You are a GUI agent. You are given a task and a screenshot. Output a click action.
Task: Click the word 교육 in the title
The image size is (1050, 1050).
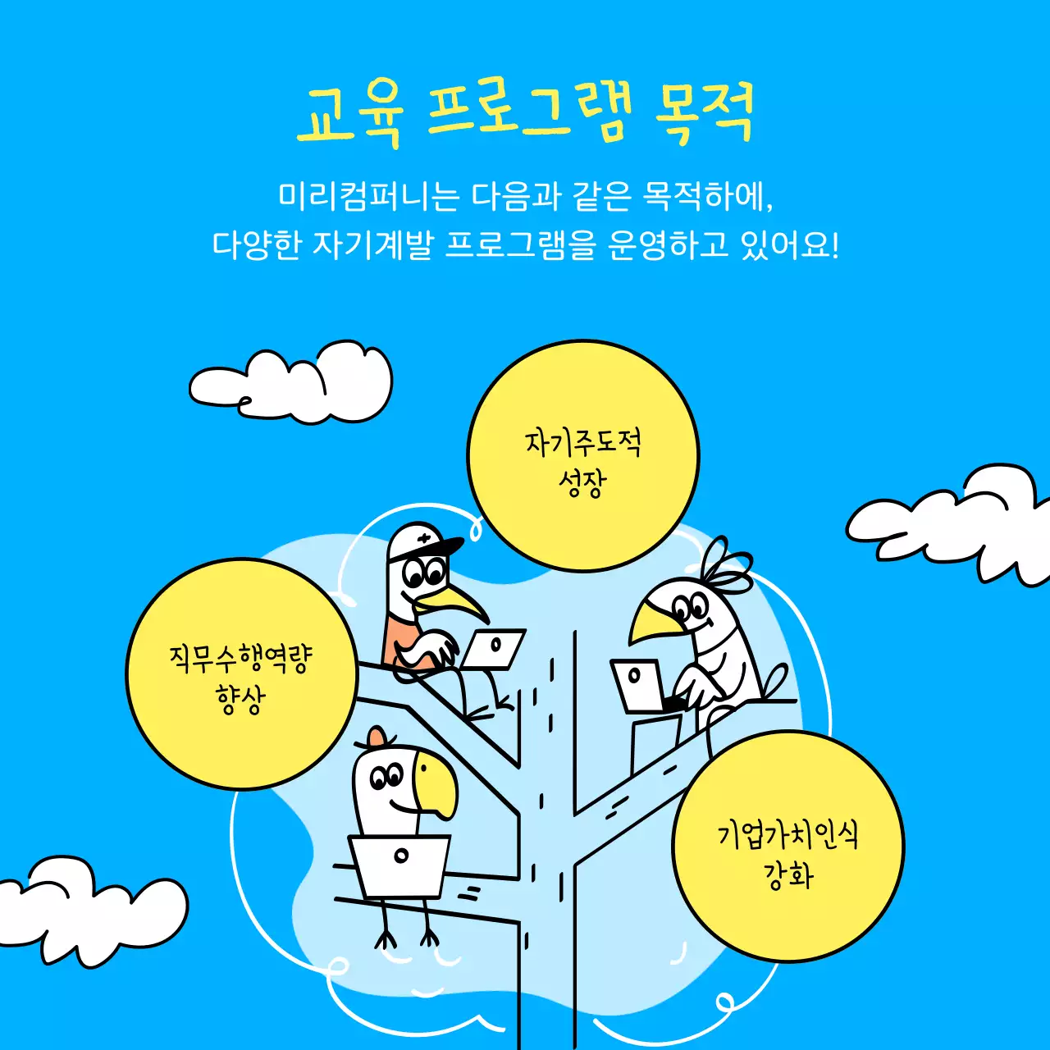pos(349,114)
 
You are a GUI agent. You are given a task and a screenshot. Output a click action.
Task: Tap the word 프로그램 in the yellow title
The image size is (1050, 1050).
pos(530,114)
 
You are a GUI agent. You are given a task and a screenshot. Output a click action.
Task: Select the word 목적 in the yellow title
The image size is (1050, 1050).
pos(704,114)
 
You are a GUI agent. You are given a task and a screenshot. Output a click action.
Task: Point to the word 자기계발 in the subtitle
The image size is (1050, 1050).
pos(372,244)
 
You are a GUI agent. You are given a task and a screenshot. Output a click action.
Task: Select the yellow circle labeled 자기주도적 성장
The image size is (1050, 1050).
pos(582,456)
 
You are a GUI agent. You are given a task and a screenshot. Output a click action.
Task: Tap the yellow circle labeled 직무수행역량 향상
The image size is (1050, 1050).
pos(241,674)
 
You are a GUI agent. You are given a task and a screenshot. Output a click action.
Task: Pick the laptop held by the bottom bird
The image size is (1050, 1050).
pos(401,865)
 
